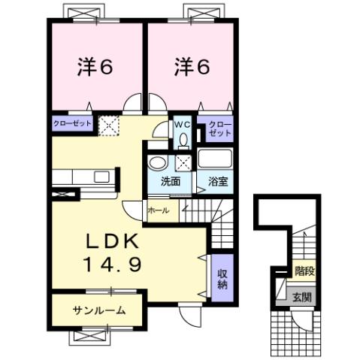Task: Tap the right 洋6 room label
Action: (193, 68)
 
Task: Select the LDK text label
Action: (110, 242)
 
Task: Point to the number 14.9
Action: (110, 265)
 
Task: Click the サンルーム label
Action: (98, 310)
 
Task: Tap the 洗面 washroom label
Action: (171, 181)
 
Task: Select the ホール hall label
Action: (158, 210)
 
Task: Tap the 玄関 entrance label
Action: (304, 298)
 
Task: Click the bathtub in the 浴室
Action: (216, 160)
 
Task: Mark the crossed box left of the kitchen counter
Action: (62, 193)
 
